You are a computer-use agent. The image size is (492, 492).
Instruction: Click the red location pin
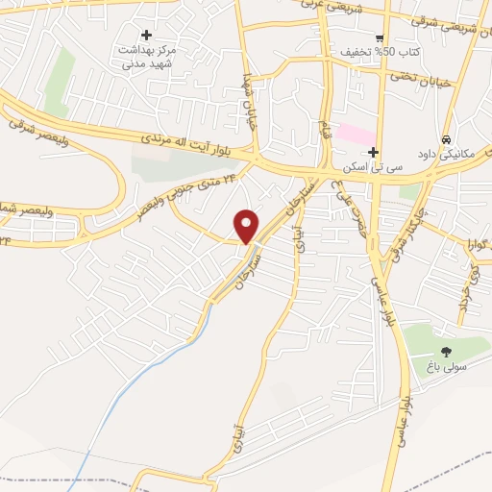click(x=247, y=225)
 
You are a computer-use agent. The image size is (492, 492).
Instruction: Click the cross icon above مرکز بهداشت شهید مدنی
click(x=146, y=35)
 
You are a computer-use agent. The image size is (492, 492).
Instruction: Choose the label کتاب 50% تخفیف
click(x=378, y=51)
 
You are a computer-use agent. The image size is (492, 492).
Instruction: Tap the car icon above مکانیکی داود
click(x=445, y=139)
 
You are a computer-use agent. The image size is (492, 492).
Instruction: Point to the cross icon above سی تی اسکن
click(x=373, y=152)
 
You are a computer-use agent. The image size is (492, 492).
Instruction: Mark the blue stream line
click(x=154, y=365)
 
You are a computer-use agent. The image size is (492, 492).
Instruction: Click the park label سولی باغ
click(x=445, y=366)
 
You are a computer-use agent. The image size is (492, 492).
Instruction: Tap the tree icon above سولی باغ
click(x=445, y=351)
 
